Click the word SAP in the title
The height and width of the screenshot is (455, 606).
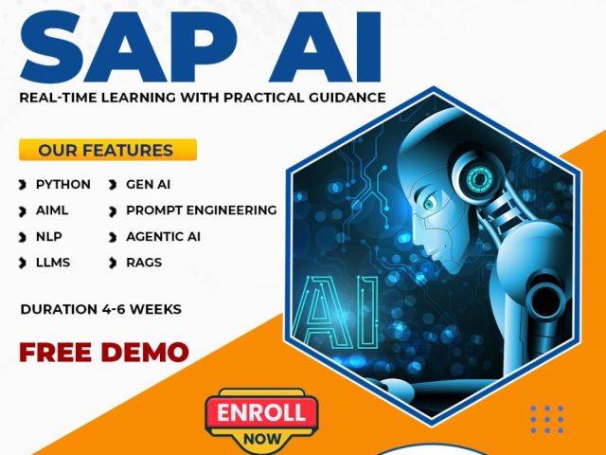tap(143, 47)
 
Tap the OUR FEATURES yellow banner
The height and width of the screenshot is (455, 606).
tap(106, 150)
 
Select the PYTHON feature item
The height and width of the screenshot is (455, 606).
tap(62, 184)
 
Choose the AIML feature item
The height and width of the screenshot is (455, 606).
tap(52, 210)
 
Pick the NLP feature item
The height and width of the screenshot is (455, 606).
tap(48, 236)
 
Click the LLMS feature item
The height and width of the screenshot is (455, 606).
tap(52, 262)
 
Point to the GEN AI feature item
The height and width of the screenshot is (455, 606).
tap(148, 184)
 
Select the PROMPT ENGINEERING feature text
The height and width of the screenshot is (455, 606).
tap(201, 210)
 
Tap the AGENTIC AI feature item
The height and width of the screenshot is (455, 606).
tap(163, 236)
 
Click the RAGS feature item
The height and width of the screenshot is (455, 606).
tap(143, 262)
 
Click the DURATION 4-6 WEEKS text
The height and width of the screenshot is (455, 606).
tap(100, 309)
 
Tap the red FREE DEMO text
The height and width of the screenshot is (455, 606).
tap(104, 352)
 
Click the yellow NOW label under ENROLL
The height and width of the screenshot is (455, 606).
tap(261, 439)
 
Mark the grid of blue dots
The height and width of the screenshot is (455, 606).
tap(546, 419)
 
